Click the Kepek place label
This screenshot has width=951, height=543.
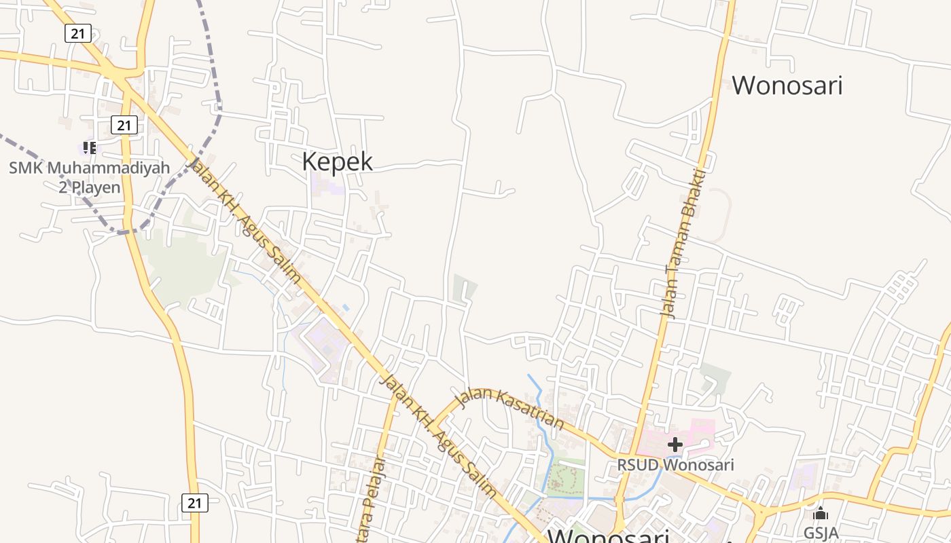click(x=337, y=162)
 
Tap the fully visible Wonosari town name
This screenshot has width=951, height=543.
click(x=787, y=86)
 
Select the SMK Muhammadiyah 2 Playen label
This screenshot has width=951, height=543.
click(x=89, y=177)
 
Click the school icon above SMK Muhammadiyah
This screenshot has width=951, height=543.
click(x=89, y=147)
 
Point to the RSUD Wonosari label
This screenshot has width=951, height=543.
click(x=675, y=466)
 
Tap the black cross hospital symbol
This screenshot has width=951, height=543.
click(x=675, y=445)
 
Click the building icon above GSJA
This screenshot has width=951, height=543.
click(x=821, y=513)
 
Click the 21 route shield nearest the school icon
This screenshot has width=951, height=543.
click(x=123, y=125)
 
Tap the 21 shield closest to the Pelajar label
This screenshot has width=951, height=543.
click(x=195, y=503)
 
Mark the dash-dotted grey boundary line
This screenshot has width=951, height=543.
click(x=219, y=109)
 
